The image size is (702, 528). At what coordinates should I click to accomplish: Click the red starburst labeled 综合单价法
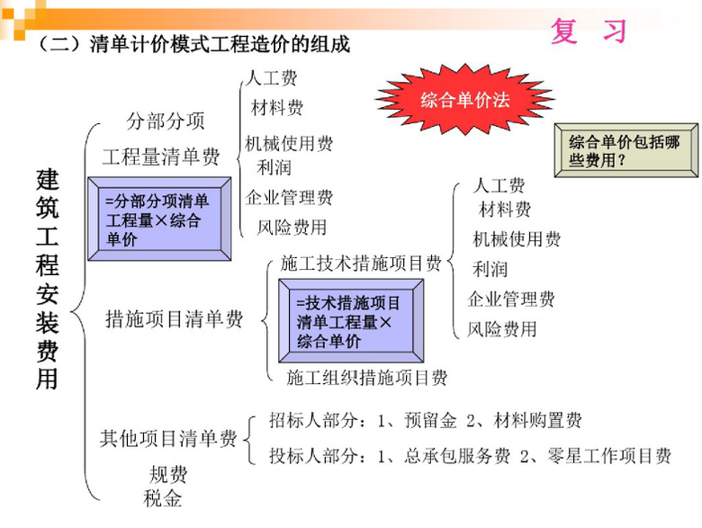[x=464, y=99]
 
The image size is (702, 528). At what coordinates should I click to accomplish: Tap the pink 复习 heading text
[x=589, y=31]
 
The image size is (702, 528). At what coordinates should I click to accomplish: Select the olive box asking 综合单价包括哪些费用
[x=625, y=150]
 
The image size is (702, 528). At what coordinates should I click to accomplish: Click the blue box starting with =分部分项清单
[x=159, y=219]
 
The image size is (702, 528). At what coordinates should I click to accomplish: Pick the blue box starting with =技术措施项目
[x=351, y=321]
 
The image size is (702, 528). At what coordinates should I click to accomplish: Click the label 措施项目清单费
[x=174, y=319]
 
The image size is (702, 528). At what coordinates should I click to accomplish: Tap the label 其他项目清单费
[x=168, y=439]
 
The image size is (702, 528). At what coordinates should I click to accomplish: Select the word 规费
[x=168, y=474]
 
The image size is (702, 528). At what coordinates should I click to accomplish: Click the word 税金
[x=163, y=498]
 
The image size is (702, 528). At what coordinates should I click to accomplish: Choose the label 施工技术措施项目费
[x=361, y=264]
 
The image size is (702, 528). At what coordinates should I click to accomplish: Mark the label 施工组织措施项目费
[x=366, y=378]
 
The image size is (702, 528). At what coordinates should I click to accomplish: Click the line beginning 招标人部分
[x=426, y=421]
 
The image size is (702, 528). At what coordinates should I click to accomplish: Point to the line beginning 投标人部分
[x=470, y=456]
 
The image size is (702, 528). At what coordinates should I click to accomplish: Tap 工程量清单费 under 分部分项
[x=161, y=157]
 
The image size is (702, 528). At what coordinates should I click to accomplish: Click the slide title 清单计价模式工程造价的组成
[x=220, y=44]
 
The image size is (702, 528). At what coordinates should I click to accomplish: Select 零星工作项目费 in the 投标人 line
[x=609, y=456]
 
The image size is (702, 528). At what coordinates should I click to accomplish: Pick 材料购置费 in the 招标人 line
[x=537, y=421]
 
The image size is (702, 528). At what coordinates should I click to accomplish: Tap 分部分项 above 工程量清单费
[x=166, y=121]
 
